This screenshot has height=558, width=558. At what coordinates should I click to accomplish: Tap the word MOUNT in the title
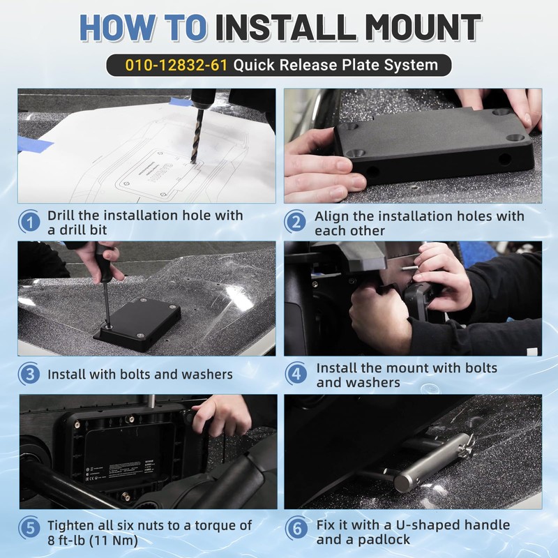click(423, 27)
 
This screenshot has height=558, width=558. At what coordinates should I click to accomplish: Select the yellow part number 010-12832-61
click(176, 65)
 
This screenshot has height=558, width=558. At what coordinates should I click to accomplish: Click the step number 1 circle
click(30, 222)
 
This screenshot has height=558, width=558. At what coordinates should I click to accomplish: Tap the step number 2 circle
click(296, 222)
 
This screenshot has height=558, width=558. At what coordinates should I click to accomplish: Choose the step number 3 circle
click(29, 374)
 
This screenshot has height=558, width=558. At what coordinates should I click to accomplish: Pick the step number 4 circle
click(296, 374)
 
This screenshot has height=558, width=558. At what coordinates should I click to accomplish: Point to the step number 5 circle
click(30, 528)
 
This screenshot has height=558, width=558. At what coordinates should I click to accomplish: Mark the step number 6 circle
click(296, 528)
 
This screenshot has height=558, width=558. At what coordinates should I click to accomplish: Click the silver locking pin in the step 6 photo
click(432, 462)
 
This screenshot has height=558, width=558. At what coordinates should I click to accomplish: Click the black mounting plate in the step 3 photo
click(140, 324)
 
